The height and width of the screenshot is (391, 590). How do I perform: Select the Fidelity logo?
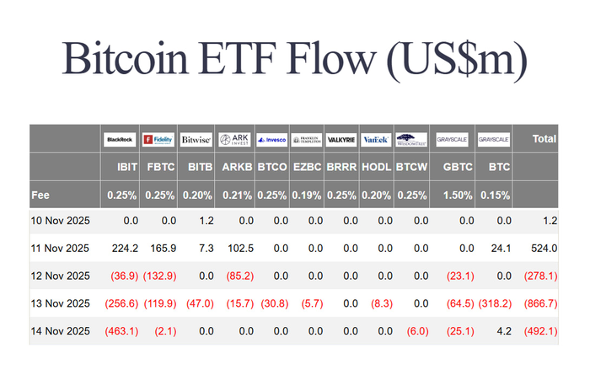[x=158, y=139]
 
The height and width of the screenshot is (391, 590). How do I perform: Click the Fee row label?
[x=40, y=195]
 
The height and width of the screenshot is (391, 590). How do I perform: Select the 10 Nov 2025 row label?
[x=60, y=221]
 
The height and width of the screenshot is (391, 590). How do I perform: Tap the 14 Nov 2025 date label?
[x=60, y=330]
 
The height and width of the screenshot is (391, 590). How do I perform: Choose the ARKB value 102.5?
[x=239, y=249]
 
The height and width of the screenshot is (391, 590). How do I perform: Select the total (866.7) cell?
[x=539, y=303]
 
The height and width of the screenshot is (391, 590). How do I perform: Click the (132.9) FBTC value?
[x=159, y=276]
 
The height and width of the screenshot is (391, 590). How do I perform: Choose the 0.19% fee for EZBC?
[x=306, y=195]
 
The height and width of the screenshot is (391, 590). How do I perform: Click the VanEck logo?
[x=374, y=139]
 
